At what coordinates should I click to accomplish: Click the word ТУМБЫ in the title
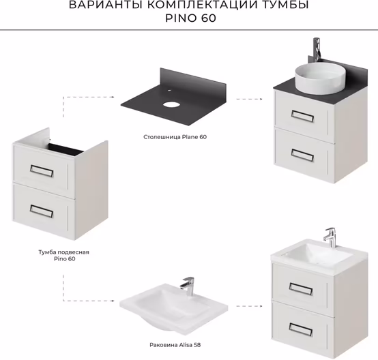[285, 5]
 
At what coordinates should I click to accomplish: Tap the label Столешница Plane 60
[175, 137]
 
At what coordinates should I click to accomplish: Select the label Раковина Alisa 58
[175, 345]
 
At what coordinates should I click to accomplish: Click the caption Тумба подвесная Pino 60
[64, 256]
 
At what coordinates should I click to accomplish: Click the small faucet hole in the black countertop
[169, 91]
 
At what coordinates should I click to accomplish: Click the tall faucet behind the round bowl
[317, 49]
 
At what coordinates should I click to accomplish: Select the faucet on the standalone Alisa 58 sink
[188, 286]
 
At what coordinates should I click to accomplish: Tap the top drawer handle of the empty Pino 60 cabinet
[42, 171]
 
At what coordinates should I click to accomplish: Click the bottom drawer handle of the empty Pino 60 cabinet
[42, 211]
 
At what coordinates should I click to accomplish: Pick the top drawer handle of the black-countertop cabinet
[302, 116]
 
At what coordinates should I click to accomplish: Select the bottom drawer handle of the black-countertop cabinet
[302, 155]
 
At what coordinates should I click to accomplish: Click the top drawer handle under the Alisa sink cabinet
[301, 289]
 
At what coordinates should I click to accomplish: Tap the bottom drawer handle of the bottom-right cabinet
[301, 329]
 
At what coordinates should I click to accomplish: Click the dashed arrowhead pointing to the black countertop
[113, 97]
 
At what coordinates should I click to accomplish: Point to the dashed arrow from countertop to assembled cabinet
[249, 99]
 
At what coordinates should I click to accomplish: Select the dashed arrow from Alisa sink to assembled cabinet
[249, 306]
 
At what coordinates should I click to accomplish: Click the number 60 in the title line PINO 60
[208, 18]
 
